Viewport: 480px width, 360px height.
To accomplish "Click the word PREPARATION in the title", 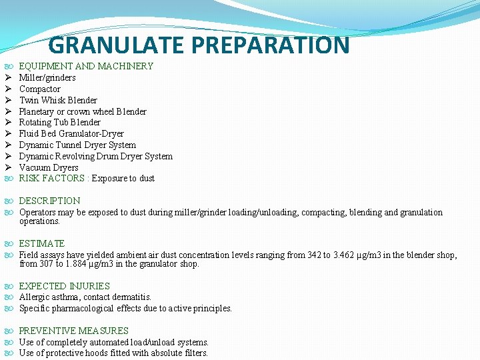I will (x=270, y=45).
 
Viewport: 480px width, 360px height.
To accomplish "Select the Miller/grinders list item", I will (x=47, y=77).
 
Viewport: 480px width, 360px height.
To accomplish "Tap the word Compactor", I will (x=39, y=89).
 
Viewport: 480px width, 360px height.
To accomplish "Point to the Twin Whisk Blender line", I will (x=58, y=100).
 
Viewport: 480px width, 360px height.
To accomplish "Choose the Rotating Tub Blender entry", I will (x=59, y=122).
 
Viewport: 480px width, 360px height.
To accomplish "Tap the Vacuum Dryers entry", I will (x=49, y=167).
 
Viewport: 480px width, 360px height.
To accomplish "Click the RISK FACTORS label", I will (x=52, y=178).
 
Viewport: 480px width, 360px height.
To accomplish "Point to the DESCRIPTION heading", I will (x=49, y=201).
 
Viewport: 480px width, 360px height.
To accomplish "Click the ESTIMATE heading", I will (x=42, y=243).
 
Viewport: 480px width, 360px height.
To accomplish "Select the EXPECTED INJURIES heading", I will (x=64, y=286).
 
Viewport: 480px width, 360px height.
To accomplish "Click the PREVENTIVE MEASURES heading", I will (x=73, y=331).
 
